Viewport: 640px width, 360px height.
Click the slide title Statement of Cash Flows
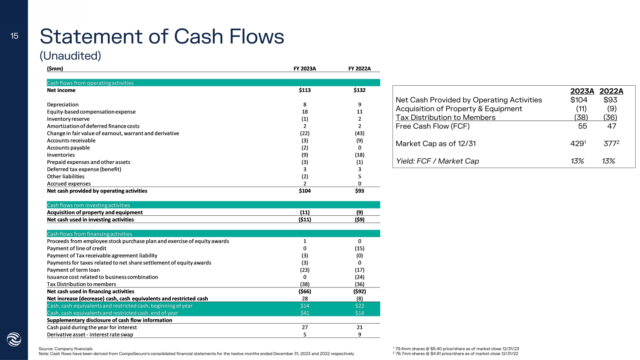point(162,37)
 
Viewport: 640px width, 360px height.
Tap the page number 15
point(15,36)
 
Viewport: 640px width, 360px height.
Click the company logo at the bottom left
point(14,340)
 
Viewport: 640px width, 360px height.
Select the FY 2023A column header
point(305,69)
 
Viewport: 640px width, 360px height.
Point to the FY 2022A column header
point(359,69)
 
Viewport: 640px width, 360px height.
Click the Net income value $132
point(359,90)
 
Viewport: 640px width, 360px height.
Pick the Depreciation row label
point(63,105)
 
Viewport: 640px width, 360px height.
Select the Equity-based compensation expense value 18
point(305,112)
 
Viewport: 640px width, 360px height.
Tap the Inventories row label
point(61,155)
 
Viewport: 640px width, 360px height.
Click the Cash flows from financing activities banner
point(90,234)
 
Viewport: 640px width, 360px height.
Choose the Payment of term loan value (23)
point(305,270)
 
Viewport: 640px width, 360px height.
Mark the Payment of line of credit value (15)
point(359,248)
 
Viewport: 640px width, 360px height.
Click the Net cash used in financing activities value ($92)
point(359,291)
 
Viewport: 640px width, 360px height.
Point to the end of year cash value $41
point(305,313)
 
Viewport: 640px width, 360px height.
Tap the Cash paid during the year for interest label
point(92,327)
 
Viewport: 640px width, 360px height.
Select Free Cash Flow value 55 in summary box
point(582,126)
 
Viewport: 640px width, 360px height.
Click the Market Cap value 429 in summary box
point(576,144)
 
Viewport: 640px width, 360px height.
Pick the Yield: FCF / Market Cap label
point(437,161)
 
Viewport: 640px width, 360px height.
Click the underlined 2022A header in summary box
point(611,91)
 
